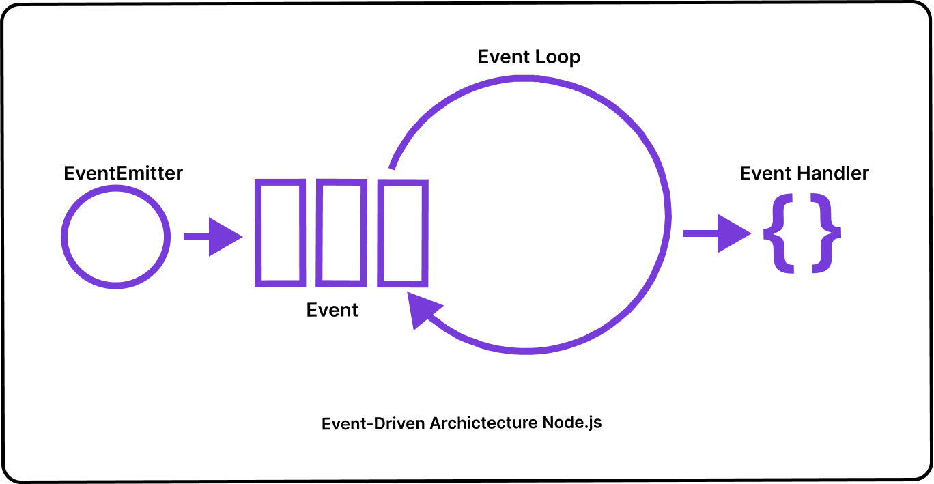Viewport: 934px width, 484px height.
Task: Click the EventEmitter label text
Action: [x=123, y=173]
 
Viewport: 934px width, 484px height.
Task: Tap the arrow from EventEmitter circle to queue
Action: [x=212, y=237]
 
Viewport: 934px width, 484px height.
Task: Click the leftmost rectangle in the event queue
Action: [x=279, y=232]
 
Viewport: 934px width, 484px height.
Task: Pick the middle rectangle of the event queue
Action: [x=341, y=232]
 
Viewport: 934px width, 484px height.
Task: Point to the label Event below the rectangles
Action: [x=332, y=310]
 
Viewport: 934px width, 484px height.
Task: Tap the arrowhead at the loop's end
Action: [x=423, y=311]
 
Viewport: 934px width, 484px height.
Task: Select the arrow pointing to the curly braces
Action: [x=717, y=234]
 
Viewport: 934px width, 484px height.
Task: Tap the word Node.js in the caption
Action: [x=572, y=423]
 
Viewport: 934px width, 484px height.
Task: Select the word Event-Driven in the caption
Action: [x=373, y=424]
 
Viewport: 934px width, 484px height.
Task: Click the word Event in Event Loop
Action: [x=503, y=57]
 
